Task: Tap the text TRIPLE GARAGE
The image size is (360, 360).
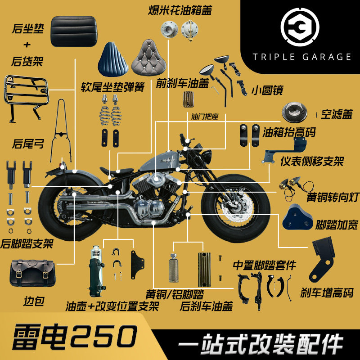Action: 302,57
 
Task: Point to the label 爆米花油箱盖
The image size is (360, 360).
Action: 180,9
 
